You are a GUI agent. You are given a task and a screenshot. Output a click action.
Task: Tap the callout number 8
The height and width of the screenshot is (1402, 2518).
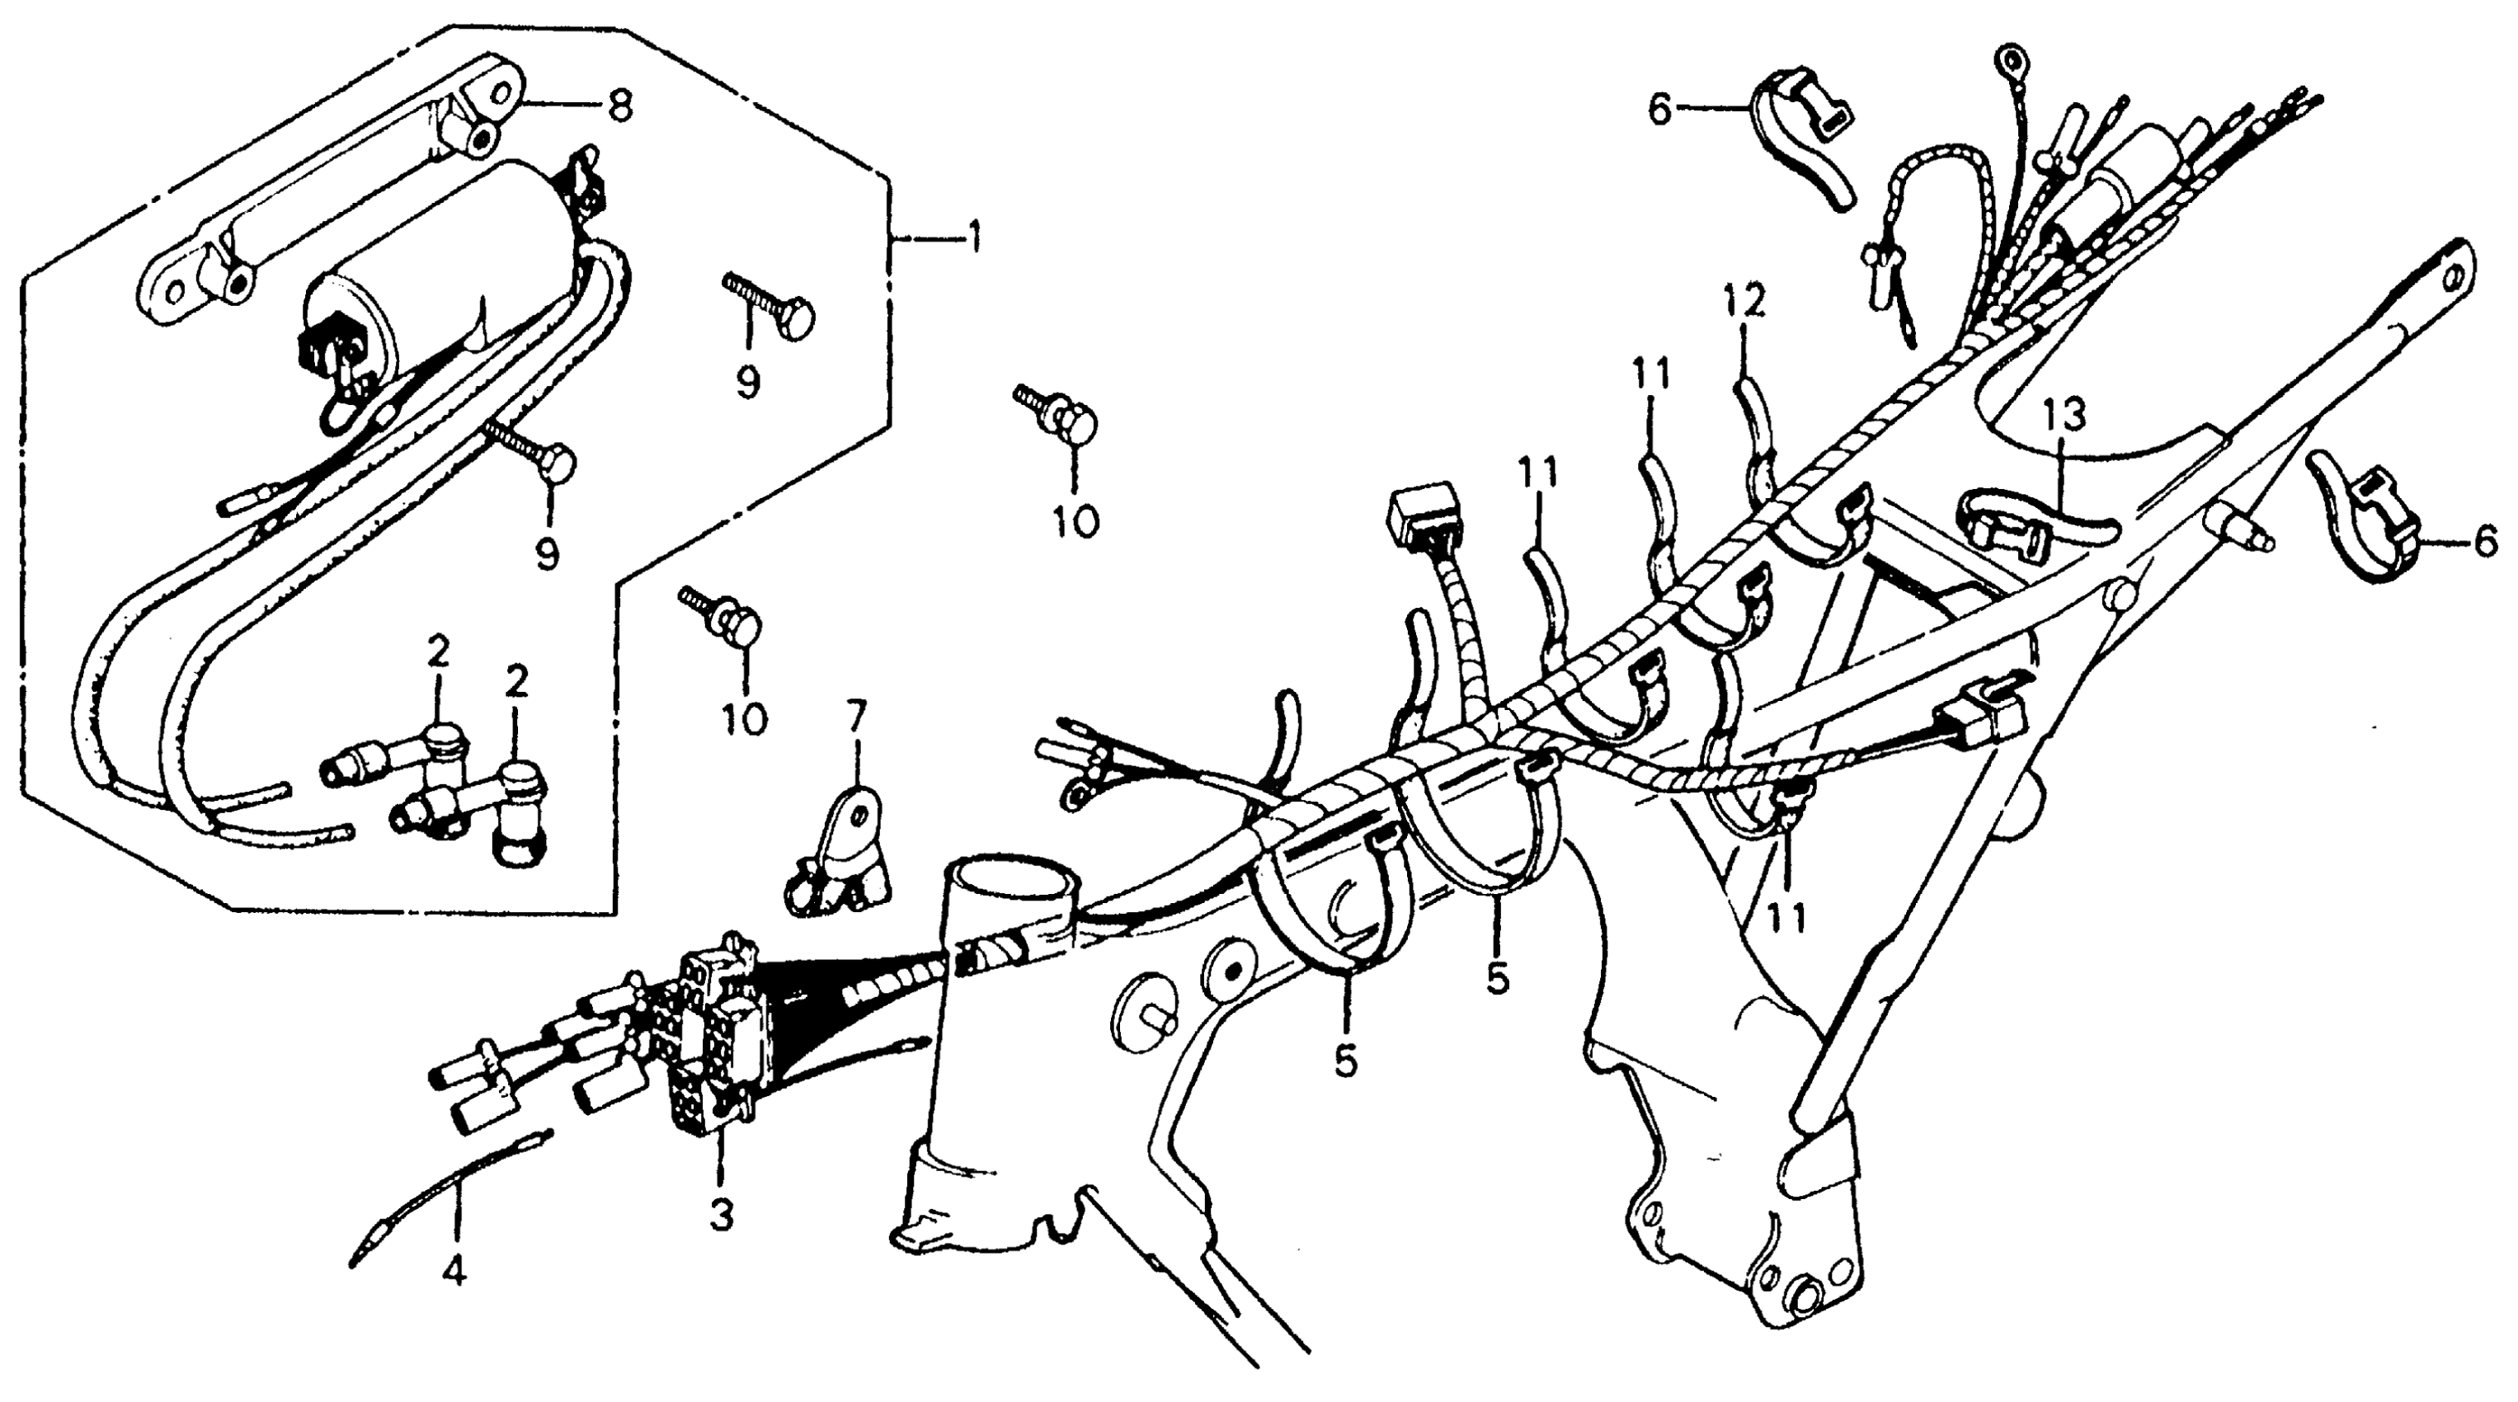pos(619,106)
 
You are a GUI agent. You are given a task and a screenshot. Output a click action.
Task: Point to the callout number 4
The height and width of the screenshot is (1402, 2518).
pos(454,1271)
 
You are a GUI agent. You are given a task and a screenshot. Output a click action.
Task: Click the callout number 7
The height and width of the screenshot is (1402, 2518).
pos(855,717)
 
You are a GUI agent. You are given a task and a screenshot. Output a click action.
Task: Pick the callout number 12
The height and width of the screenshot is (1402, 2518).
pos(1746,302)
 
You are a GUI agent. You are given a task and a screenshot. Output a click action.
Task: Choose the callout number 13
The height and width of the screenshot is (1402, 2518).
pos(2063,415)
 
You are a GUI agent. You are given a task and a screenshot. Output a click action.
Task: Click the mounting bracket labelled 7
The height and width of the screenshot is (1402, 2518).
pos(843,850)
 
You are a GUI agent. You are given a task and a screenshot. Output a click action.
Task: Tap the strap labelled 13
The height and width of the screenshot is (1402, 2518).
pos(2033,523)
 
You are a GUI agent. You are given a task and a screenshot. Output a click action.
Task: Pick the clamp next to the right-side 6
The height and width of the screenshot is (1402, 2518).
pos(2365,528)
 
